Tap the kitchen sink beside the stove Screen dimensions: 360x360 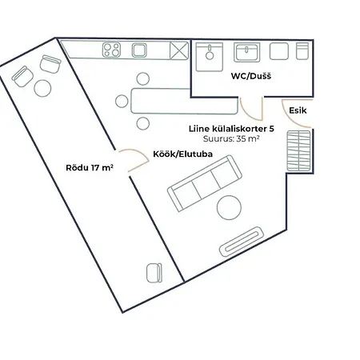139,51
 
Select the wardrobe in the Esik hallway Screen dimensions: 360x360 298,150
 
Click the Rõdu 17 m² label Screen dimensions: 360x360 89,168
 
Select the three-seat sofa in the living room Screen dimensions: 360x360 204,183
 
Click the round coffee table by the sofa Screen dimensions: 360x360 230,208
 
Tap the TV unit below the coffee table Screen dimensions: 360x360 243,238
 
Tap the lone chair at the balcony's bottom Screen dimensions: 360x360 154,273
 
